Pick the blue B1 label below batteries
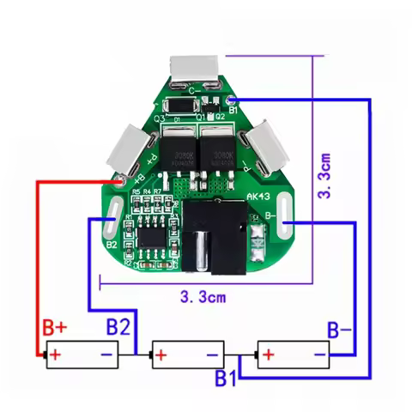tap(225, 377)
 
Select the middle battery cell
tap(187, 353)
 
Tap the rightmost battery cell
tap(293, 353)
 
